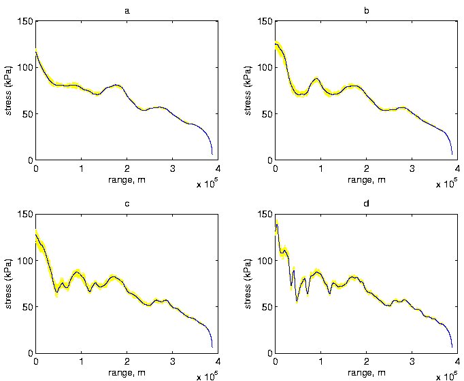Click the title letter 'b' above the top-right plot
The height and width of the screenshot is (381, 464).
tap(366, 11)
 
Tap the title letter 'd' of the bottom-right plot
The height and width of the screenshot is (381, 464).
tap(366, 203)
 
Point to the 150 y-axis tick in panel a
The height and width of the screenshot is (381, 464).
tap(24, 21)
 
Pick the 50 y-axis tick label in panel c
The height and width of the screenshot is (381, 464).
tap(27, 307)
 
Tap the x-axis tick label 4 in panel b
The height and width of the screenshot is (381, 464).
tap(457, 168)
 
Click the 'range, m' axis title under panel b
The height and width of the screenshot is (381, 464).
tap(366, 179)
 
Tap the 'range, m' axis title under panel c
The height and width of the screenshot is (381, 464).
tap(127, 372)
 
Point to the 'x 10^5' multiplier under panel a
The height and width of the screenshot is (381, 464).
tap(208, 183)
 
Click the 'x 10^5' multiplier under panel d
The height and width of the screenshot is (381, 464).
tap(447, 376)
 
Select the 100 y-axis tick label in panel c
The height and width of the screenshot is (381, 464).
tap(24, 260)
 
